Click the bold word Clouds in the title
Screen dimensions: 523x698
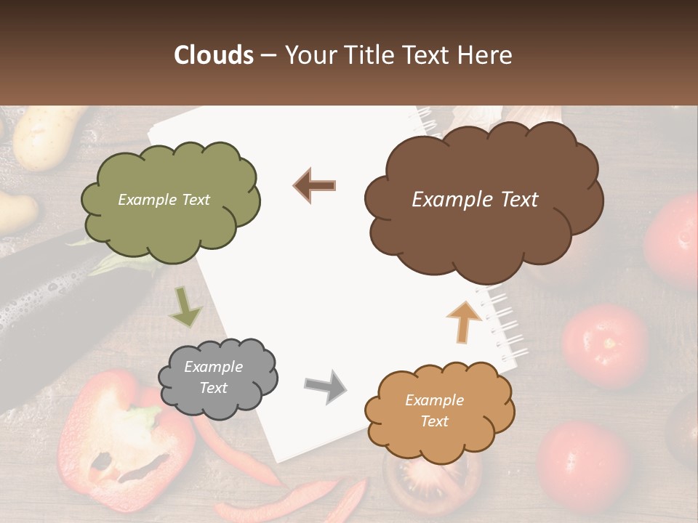(x=214, y=55)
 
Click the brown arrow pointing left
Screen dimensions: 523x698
(x=315, y=185)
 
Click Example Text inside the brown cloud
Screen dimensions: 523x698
(x=475, y=200)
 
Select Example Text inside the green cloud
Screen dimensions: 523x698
(x=164, y=200)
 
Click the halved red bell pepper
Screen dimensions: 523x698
(x=131, y=443)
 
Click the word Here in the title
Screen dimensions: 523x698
(x=487, y=55)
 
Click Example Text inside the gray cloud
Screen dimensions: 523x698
(x=214, y=378)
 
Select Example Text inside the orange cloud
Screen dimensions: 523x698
(x=434, y=410)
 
